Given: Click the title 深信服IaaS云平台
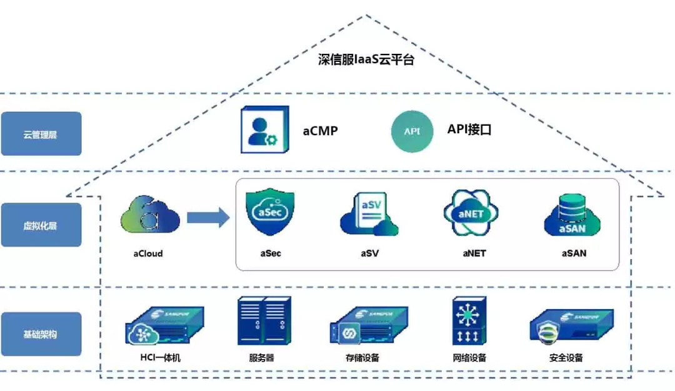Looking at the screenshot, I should pos(366,60).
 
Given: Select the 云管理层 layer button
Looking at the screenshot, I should pos(41,134).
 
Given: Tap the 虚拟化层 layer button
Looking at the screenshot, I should pos(41,225).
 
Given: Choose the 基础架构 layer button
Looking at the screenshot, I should pos(41,334).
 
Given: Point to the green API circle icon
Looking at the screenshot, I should pos(412,131).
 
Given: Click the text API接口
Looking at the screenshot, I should pos(469,129).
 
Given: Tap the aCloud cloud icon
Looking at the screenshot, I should pos(150,216).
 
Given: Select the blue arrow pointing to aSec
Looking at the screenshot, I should pos(209,218).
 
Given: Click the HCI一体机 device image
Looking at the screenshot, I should pos(164,325).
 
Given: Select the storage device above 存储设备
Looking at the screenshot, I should pos(369,325).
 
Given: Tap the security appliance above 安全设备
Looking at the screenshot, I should pos(570,325).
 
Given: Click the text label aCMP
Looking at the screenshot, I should pos(321,131).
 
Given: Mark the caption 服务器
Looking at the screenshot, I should pos(261,358).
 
